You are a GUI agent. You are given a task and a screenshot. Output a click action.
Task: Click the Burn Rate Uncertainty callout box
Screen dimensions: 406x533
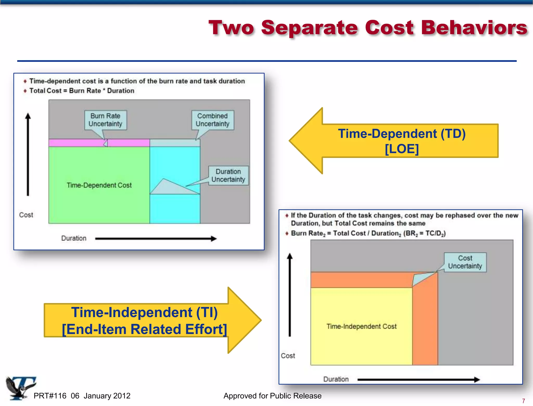[x=105, y=120]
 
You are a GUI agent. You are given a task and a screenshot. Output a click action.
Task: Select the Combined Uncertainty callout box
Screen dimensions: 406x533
[x=213, y=120]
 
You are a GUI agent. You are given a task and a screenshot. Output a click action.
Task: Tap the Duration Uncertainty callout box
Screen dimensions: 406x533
[x=228, y=176]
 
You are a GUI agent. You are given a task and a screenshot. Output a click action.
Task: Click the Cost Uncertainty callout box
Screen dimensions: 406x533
[x=465, y=262]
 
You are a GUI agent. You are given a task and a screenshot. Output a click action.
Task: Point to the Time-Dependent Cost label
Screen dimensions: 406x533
[x=99, y=185]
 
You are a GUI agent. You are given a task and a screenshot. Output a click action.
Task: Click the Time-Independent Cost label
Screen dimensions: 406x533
[x=361, y=326]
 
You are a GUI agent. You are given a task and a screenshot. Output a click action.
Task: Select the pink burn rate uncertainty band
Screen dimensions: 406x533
[x=78, y=143]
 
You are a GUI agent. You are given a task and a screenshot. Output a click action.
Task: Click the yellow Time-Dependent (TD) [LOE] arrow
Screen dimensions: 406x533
[x=401, y=141]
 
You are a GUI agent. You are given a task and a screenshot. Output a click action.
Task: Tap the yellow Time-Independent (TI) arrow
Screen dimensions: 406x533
[x=145, y=320]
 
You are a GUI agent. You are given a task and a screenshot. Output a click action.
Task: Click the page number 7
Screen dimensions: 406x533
[x=523, y=401]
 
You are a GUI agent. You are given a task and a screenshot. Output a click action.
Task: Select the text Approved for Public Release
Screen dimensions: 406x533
[x=272, y=396]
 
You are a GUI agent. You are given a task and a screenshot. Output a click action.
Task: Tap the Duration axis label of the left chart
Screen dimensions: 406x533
[x=74, y=238]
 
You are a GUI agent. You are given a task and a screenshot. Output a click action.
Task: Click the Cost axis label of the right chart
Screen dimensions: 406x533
[x=288, y=356]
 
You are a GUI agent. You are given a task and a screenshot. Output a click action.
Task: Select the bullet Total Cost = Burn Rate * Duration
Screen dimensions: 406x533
[x=82, y=91]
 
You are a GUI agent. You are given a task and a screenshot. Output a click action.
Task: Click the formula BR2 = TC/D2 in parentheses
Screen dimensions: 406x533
[x=424, y=233]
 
